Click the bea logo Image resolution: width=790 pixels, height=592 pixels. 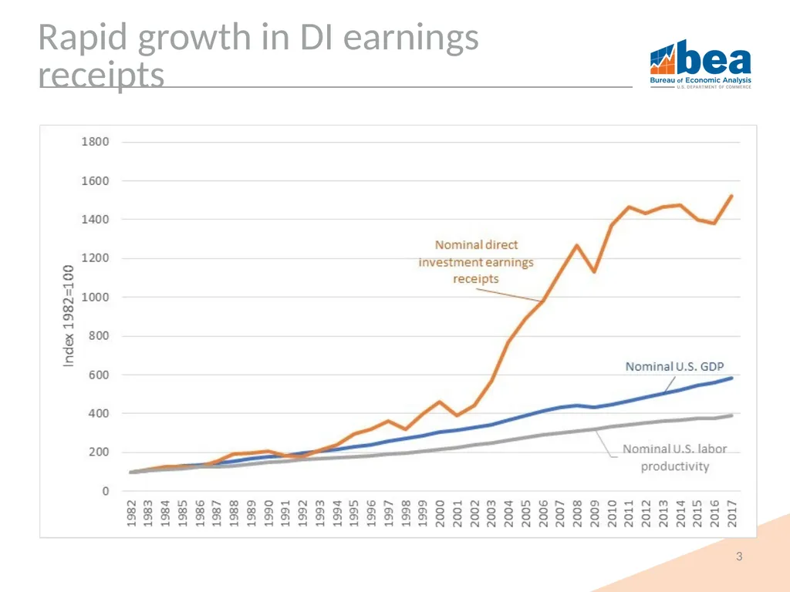coord(701,64)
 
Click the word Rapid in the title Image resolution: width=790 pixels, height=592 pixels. coord(82,38)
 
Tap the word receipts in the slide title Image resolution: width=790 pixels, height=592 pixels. coord(101,75)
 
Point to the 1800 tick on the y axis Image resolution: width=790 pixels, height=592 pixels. coord(95,142)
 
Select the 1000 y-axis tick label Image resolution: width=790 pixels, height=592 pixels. coord(95,297)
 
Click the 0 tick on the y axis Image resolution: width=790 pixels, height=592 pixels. coord(105,491)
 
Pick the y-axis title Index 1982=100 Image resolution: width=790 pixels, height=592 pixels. coord(68,315)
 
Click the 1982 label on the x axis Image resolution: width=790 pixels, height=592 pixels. coord(131,513)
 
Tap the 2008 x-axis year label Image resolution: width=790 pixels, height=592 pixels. coord(577,513)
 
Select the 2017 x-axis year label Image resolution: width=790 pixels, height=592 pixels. coord(732,513)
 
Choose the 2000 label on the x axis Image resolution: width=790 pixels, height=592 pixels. coord(440,513)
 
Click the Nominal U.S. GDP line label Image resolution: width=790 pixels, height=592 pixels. coord(674,366)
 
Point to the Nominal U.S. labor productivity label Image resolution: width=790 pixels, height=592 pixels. coord(674,458)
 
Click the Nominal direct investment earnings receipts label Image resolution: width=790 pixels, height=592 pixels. coord(476,262)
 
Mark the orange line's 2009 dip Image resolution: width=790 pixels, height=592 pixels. coord(595,272)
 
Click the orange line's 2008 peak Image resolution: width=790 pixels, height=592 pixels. coord(577,245)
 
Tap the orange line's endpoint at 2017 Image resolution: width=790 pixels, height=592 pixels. coord(731,196)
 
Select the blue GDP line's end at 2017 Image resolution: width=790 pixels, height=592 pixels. coord(731,378)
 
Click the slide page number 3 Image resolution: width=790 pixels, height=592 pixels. coord(739,557)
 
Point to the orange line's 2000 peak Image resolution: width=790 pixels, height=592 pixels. coord(440,402)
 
